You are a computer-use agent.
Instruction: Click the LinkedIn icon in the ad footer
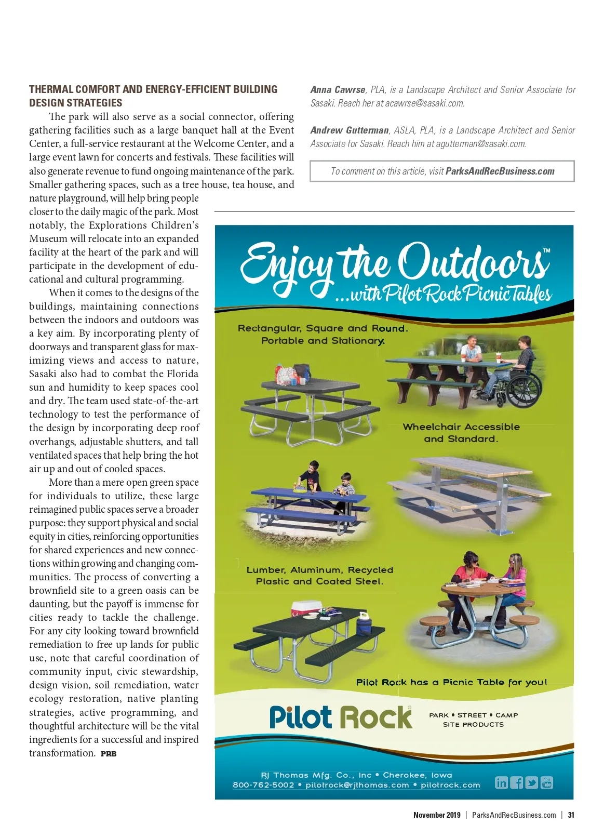(501, 782)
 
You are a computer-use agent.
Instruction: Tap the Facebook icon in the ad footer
(516, 782)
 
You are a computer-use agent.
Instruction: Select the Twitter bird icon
(531, 782)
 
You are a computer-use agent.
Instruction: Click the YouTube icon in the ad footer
(547, 782)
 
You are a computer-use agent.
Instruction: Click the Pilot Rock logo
(341, 717)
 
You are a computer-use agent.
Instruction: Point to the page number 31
(571, 815)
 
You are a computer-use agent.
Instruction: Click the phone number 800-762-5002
(263, 785)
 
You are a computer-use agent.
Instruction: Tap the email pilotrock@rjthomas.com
(357, 785)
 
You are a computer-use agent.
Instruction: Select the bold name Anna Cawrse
(338, 90)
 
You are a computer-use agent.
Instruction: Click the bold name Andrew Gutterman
(350, 130)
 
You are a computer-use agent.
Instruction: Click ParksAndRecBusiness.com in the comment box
(500, 171)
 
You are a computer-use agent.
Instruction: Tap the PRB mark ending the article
(109, 754)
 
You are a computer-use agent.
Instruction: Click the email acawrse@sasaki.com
(424, 103)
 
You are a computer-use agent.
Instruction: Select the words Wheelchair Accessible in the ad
(461, 427)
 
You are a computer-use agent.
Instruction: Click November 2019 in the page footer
(437, 815)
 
